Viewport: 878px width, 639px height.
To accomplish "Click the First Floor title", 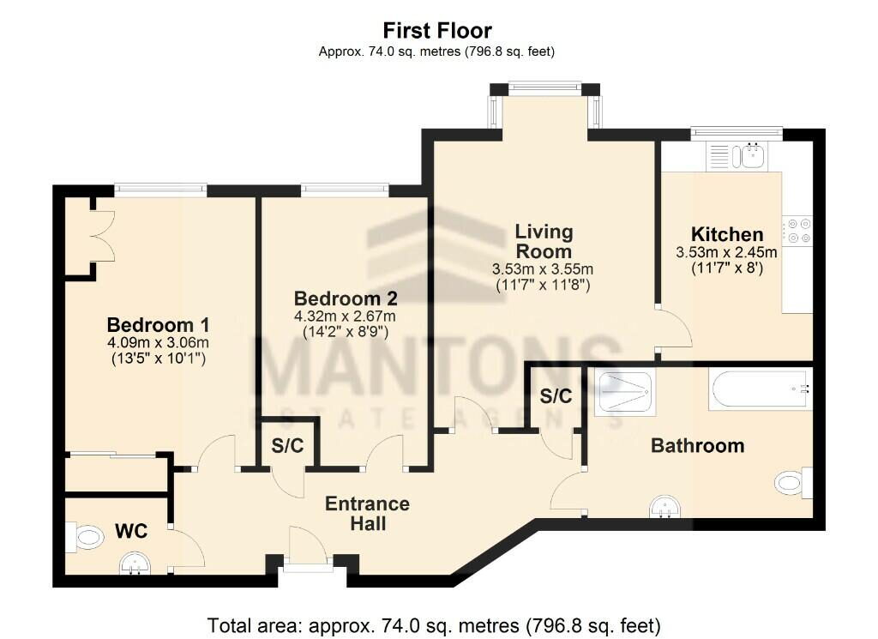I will [437, 32].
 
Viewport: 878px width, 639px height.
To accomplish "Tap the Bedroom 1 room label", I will [158, 325].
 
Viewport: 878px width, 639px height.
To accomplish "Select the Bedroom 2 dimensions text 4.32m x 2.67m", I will [346, 316].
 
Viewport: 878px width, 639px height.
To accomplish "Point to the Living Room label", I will [544, 241].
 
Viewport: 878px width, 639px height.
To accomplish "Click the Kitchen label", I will [727, 234].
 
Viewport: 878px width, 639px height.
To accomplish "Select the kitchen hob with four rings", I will [799, 230].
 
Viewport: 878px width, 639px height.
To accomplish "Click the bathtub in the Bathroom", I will [760, 389].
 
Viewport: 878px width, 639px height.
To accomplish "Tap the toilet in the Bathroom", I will [793, 482].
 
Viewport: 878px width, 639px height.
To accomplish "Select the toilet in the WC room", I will [84, 538].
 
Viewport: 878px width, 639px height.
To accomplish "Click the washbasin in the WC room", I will [133, 562].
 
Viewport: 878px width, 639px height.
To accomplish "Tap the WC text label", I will [132, 532].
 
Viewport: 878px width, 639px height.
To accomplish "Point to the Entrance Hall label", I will [367, 513].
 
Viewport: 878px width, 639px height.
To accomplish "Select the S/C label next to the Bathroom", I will [556, 396].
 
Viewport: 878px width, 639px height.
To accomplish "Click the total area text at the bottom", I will [434, 624].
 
